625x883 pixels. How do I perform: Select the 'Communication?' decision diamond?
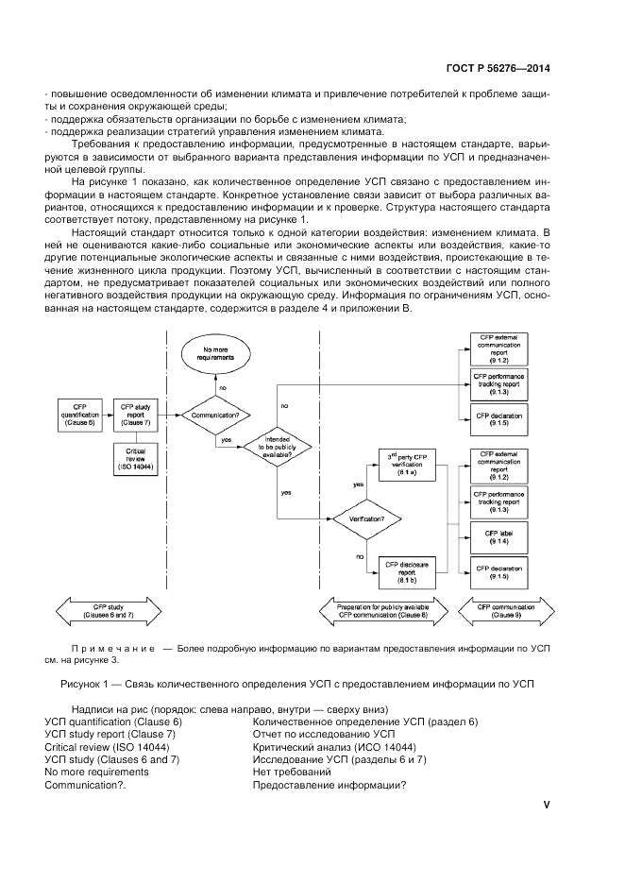[222, 414]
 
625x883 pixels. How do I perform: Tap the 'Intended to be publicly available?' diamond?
[278, 448]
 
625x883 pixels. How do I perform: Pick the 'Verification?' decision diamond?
[364, 518]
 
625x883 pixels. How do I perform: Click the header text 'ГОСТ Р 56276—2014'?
[497, 68]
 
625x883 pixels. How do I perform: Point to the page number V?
[547, 805]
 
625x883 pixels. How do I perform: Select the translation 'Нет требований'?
[293, 773]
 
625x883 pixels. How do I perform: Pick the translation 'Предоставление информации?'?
[329, 786]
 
